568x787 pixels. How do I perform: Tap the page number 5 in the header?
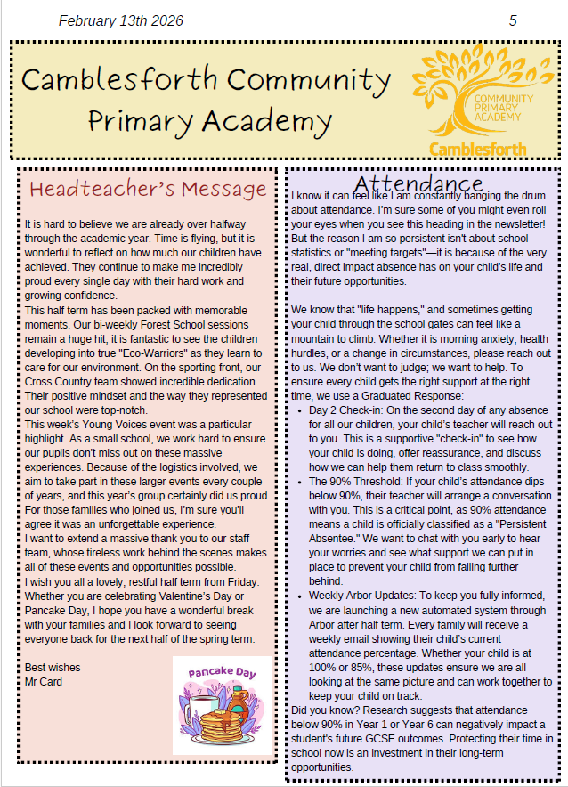513,20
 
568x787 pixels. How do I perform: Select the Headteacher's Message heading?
148,189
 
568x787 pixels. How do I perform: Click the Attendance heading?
418,183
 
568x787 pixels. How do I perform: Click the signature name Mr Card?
44,682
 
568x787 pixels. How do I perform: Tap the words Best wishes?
53,668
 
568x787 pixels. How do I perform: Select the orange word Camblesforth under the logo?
476,149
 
